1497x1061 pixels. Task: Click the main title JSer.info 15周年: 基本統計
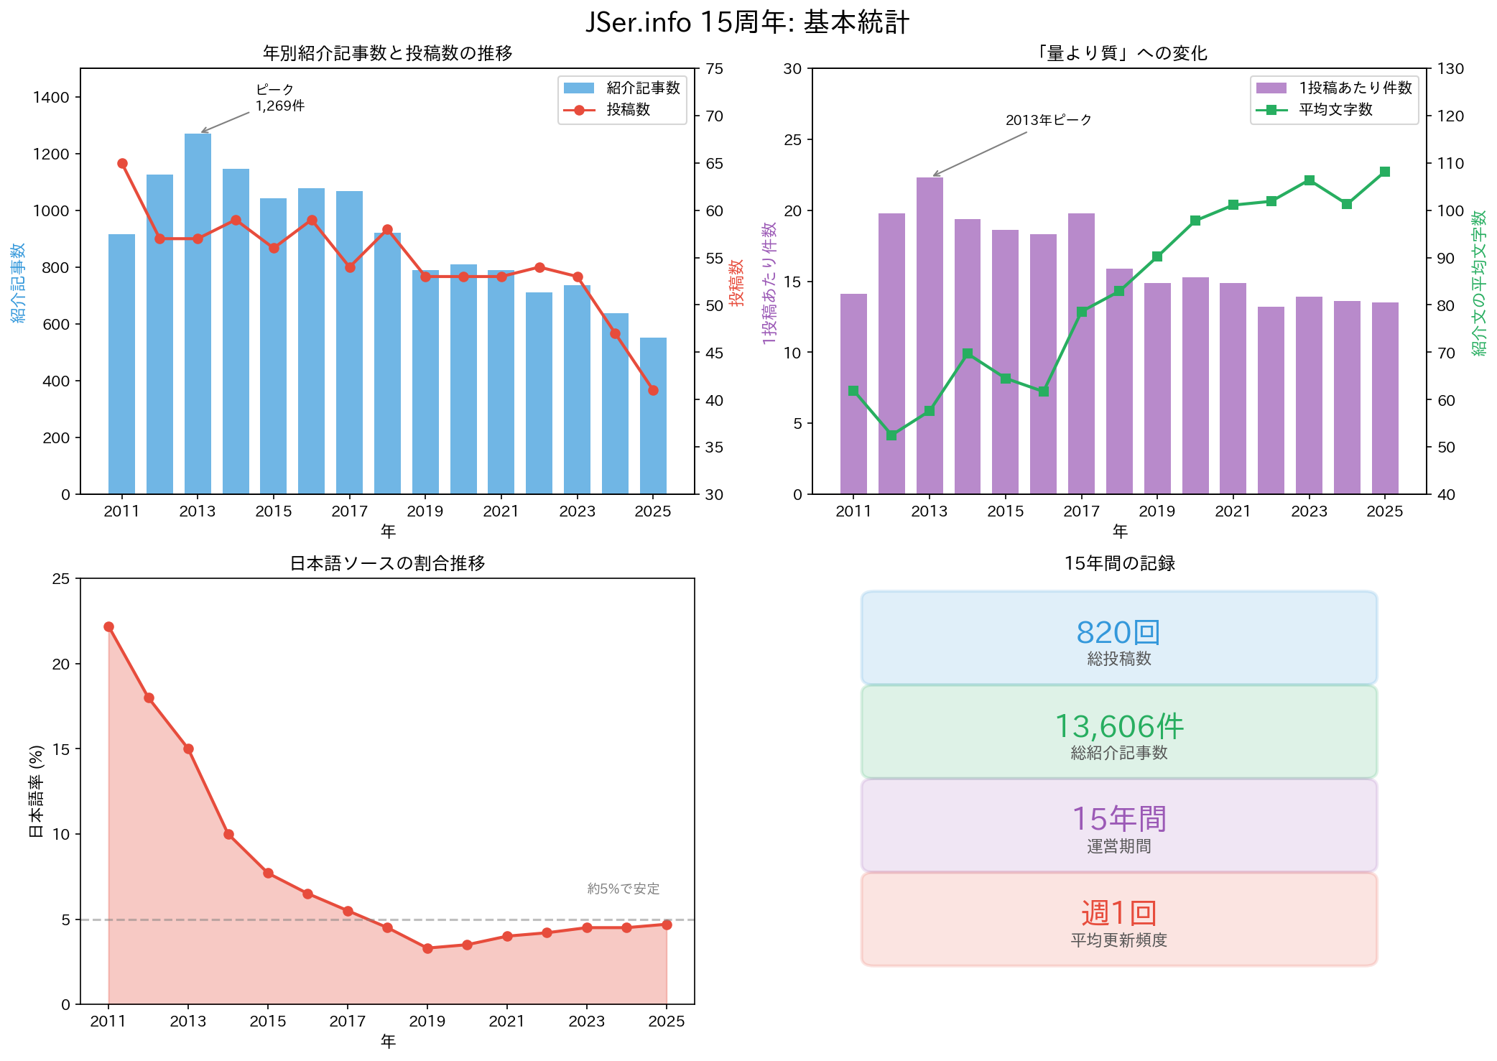point(747,22)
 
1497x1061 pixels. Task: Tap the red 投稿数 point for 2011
point(122,164)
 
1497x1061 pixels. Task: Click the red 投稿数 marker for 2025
point(653,391)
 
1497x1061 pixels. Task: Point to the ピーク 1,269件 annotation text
point(279,98)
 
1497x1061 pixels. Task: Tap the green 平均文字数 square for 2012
point(891,435)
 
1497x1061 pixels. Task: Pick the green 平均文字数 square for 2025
point(1385,172)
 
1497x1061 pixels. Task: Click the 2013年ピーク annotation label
point(1048,120)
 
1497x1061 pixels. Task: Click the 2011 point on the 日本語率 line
point(108,627)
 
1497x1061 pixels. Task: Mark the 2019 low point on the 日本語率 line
point(427,948)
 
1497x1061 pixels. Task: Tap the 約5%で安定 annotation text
point(623,889)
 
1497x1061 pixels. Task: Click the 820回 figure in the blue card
point(1118,633)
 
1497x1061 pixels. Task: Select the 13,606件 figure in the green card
point(1118,727)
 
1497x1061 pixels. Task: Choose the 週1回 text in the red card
point(1118,914)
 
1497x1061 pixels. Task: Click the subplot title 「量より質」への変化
point(1119,53)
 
